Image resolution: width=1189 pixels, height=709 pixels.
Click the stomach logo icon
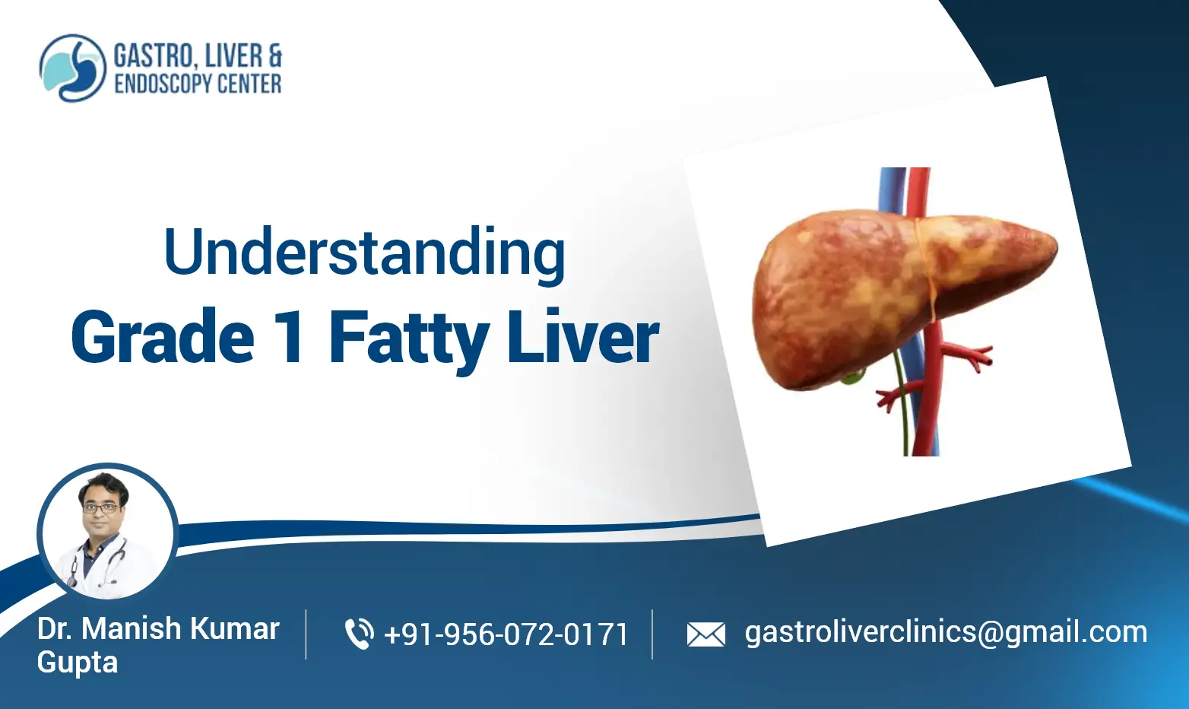(72, 68)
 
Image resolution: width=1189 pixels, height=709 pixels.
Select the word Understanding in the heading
(364, 253)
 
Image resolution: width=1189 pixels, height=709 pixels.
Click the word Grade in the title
(163, 337)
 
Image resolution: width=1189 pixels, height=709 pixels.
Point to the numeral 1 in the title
(290, 337)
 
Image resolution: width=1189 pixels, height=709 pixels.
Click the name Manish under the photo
(131, 629)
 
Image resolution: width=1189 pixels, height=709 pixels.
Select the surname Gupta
(78, 663)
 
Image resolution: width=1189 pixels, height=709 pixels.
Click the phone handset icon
(359, 634)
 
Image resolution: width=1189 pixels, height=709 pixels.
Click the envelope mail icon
(705, 634)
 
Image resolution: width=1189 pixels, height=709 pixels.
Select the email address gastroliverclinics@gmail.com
(946, 632)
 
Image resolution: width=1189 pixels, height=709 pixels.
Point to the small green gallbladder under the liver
(858, 375)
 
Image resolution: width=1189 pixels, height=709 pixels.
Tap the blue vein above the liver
(890, 190)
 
